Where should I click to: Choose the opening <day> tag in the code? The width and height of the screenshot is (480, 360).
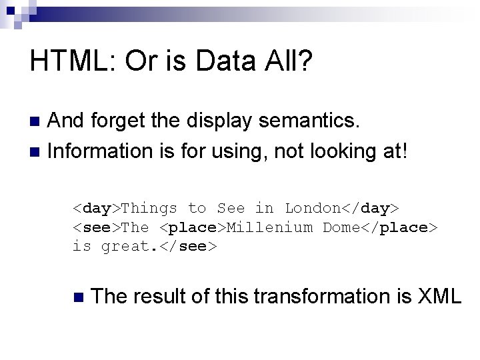point(97,208)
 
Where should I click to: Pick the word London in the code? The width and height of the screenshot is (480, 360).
point(313,208)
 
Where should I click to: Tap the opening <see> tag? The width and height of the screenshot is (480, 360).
point(97,227)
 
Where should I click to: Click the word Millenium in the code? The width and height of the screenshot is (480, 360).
point(270,227)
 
